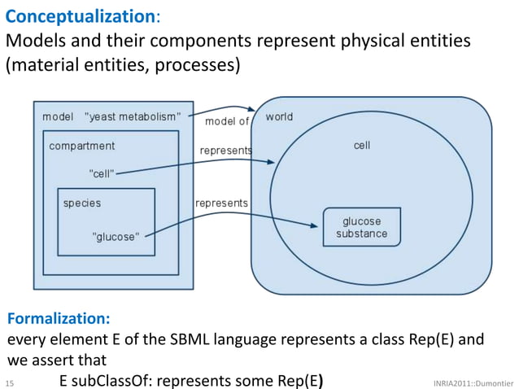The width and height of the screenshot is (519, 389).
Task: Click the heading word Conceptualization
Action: pos(80,15)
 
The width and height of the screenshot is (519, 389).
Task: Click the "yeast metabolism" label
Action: pos(138,117)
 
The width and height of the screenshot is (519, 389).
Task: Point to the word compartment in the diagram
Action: pos(81,146)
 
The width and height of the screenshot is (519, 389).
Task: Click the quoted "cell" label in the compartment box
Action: pos(101,173)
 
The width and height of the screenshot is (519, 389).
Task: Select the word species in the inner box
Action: pos(82,203)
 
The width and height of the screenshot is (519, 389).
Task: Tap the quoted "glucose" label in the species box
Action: pos(116,237)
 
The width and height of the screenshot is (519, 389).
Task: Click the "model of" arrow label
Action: pos(227,121)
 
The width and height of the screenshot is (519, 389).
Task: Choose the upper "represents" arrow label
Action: pos(225,151)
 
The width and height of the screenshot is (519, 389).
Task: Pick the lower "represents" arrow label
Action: pos(221,203)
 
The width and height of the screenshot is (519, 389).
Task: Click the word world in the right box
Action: pos(279,117)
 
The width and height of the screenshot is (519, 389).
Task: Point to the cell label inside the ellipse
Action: pos(362,146)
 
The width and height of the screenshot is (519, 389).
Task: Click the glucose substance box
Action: pos(361,227)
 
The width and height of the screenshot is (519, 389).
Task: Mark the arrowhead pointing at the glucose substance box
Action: pos(313,225)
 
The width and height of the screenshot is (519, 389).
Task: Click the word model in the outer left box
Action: pos(58,117)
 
